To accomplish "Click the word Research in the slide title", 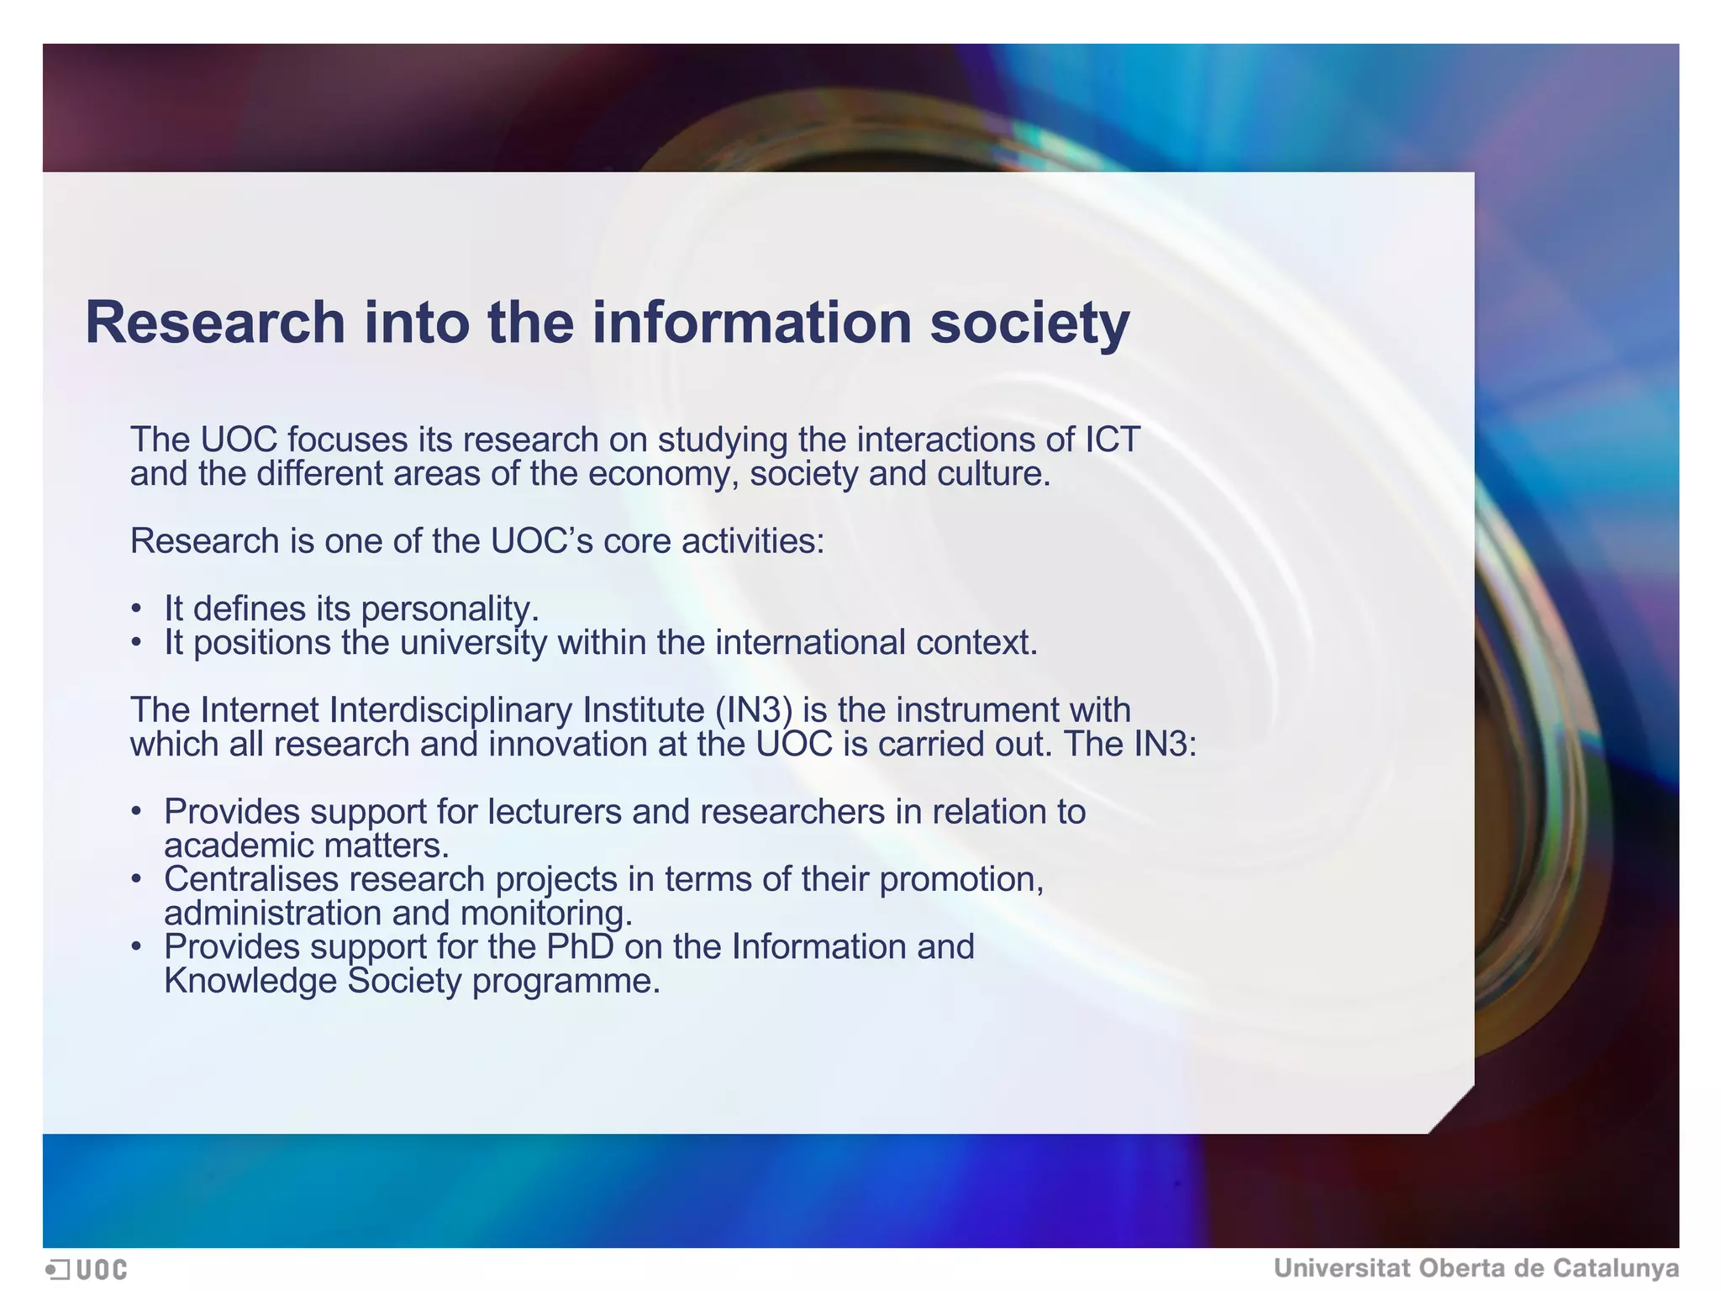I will (x=215, y=323).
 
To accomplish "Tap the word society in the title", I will (x=1029, y=324).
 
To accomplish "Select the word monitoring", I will (x=546, y=914).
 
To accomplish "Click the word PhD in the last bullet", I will (x=580, y=947).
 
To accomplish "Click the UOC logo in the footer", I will (x=87, y=1269).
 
